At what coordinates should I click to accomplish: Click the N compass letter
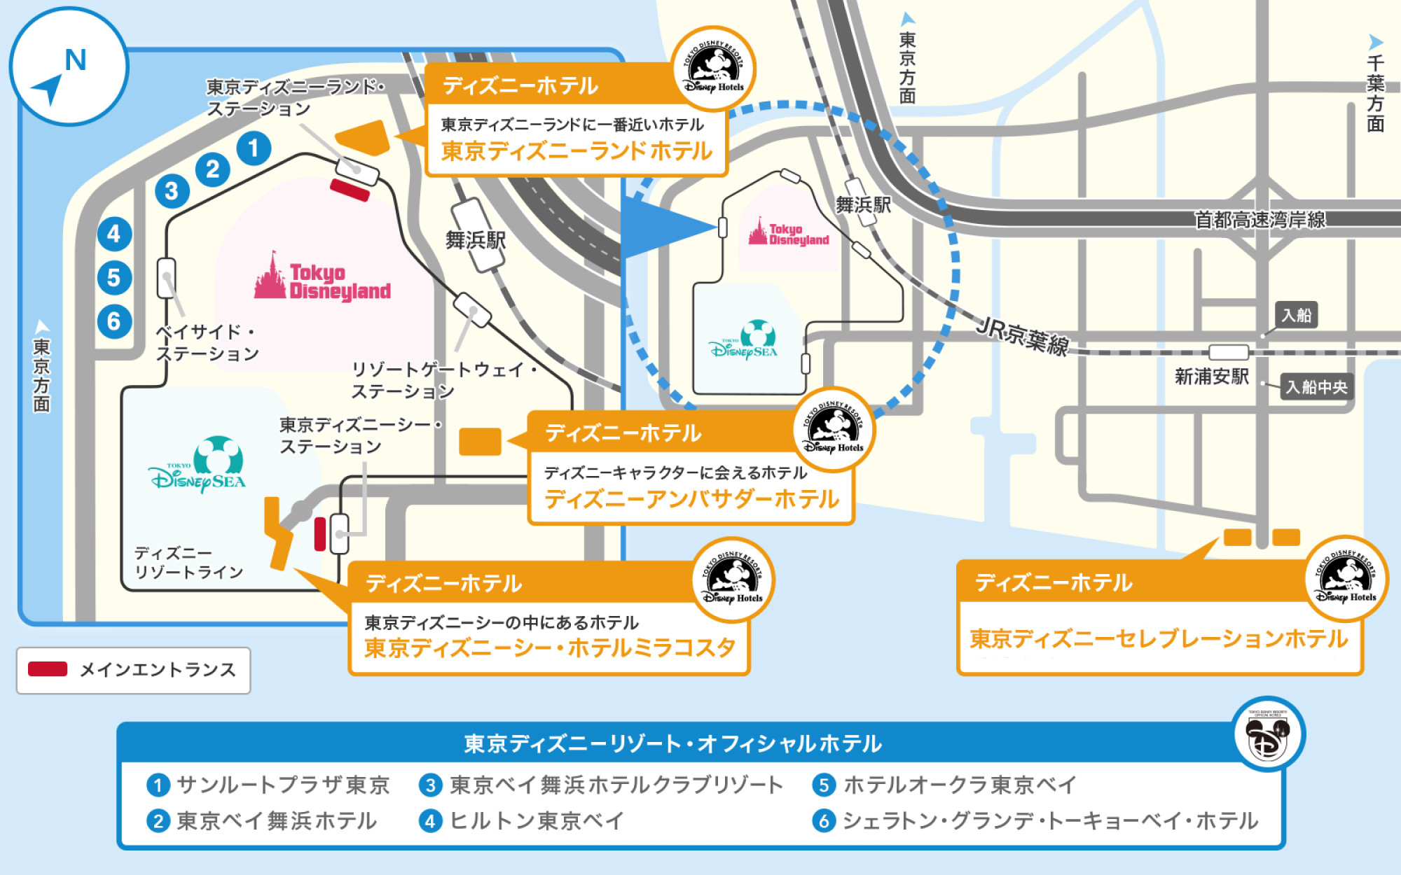point(76,60)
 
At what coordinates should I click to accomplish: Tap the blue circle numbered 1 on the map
point(254,148)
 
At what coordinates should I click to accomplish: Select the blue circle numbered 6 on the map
point(114,321)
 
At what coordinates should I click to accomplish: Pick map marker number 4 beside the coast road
point(114,234)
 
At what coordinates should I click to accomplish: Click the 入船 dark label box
point(1296,315)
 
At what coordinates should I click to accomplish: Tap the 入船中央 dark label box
point(1316,387)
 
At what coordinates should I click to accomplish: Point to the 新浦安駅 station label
point(1211,377)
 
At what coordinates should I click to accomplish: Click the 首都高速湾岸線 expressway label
point(1259,220)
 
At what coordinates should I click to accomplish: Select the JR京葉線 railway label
point(1023,336)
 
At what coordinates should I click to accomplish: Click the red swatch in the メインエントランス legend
point(48,669)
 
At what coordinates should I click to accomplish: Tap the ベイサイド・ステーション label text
point(207,343)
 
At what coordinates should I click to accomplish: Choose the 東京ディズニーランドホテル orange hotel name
point(576,151)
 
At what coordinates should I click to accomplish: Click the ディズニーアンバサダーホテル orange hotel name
point(691,499)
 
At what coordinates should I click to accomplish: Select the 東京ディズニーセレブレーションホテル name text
point(1159,638)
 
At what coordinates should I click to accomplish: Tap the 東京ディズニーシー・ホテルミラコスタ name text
point(550,647)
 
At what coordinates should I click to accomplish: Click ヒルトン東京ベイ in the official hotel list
point(536,820)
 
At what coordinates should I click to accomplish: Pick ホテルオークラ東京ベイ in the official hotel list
point(960,785)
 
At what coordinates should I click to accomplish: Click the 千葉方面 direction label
point(1375,93)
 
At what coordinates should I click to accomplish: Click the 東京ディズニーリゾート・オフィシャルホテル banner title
point(672,743)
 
